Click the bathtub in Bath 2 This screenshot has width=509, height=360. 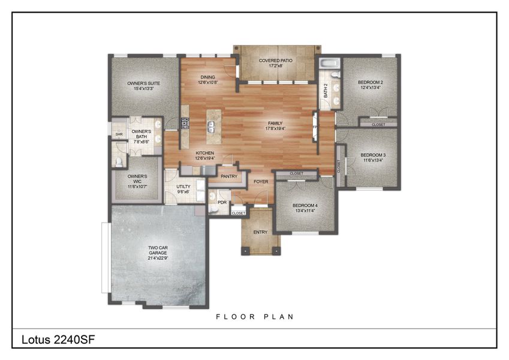329,64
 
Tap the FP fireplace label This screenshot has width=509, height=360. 314,128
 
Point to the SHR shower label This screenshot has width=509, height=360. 119,134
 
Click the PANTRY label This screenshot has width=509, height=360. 229,176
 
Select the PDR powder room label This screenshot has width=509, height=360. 222,203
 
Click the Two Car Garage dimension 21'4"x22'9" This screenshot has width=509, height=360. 158,259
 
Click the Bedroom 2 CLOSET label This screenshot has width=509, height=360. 378,124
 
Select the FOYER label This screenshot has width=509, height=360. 260,181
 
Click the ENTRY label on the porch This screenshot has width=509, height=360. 260,232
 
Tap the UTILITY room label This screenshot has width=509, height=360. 183,187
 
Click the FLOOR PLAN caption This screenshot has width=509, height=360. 255,316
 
